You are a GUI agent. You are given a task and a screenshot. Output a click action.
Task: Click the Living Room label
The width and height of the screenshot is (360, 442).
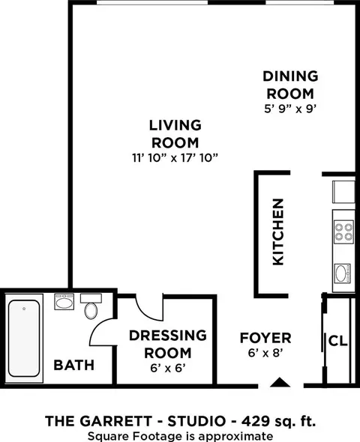tap(175, 134)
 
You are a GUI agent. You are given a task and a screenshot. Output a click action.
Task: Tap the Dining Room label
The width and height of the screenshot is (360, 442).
tap(290, 85)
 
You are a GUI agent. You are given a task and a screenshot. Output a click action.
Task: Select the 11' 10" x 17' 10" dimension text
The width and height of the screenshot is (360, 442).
tap(175, 158)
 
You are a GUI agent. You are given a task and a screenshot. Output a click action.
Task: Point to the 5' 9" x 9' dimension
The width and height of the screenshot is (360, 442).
tap(289, 109)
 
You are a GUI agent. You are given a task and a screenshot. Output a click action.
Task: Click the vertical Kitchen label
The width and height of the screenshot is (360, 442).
tap(278, 232)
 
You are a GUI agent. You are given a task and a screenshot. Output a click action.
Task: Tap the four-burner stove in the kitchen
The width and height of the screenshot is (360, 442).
tap(343, 232)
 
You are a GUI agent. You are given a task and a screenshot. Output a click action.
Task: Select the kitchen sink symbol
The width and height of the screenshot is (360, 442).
tap(343, 273)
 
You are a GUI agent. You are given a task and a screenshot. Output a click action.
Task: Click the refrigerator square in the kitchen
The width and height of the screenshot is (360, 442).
tap(343, 192)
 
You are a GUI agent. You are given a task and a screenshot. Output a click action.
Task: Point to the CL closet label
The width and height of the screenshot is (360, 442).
tap(337, 341)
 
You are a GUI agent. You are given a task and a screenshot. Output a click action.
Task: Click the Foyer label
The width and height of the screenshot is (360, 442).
tap(265, 338)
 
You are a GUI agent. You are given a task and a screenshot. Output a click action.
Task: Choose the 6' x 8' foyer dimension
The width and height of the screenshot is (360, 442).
tap(265, 353)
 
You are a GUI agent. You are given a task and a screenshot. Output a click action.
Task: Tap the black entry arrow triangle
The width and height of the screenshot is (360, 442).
tap(280, 382)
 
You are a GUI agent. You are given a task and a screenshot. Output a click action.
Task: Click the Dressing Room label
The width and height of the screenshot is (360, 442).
tap(168, 344)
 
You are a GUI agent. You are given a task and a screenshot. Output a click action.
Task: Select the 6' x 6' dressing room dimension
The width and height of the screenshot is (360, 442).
tap(168, 368)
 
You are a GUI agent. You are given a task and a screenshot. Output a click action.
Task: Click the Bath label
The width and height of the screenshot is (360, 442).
tap(74, 365)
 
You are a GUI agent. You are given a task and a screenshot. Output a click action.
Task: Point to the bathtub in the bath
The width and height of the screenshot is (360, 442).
tap(24, 339)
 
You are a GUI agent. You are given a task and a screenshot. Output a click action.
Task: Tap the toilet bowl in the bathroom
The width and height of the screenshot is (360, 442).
tap(91, 311)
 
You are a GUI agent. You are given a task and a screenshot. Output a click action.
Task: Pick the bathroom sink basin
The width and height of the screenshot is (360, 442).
tap(64, 303)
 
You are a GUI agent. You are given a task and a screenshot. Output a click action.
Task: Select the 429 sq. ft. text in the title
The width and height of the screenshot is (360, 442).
tap(278, 421)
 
